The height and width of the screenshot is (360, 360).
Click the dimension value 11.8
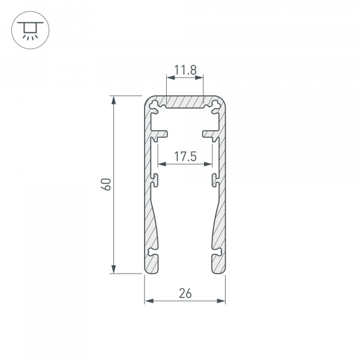(x=185, y=71)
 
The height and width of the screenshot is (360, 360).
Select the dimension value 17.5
(x=185, y=157)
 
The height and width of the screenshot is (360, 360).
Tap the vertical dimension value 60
(x=106, y=184)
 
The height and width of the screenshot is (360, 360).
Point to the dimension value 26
(x=185, y=293)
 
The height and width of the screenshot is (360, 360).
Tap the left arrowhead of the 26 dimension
(x=148, y=300)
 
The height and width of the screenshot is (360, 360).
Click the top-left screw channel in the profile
(x=157, y=107)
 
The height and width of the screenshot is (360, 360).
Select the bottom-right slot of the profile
(x=215, y=259)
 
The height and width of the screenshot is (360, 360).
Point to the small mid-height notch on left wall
(x=155, y=179)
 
